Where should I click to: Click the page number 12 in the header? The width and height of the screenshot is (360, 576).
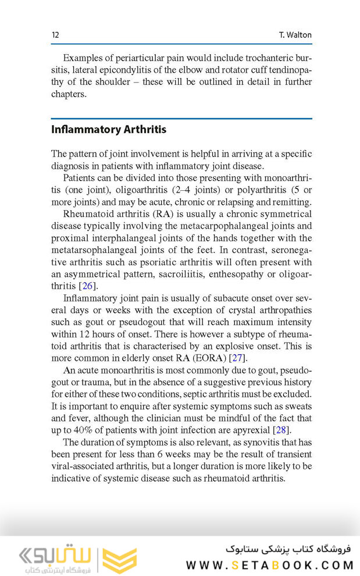tap(55, 35)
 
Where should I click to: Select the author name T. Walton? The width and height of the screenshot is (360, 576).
tap(295, 35)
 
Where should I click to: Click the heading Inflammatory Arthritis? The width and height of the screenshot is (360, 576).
tap(109, 130)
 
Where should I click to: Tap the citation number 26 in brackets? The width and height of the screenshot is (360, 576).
tap(87, 286)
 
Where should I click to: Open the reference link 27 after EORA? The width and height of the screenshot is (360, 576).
tap(237, 357)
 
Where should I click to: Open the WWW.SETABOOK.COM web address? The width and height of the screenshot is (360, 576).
tap(269, 565)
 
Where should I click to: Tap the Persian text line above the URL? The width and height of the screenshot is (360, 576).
tap(288, 549)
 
